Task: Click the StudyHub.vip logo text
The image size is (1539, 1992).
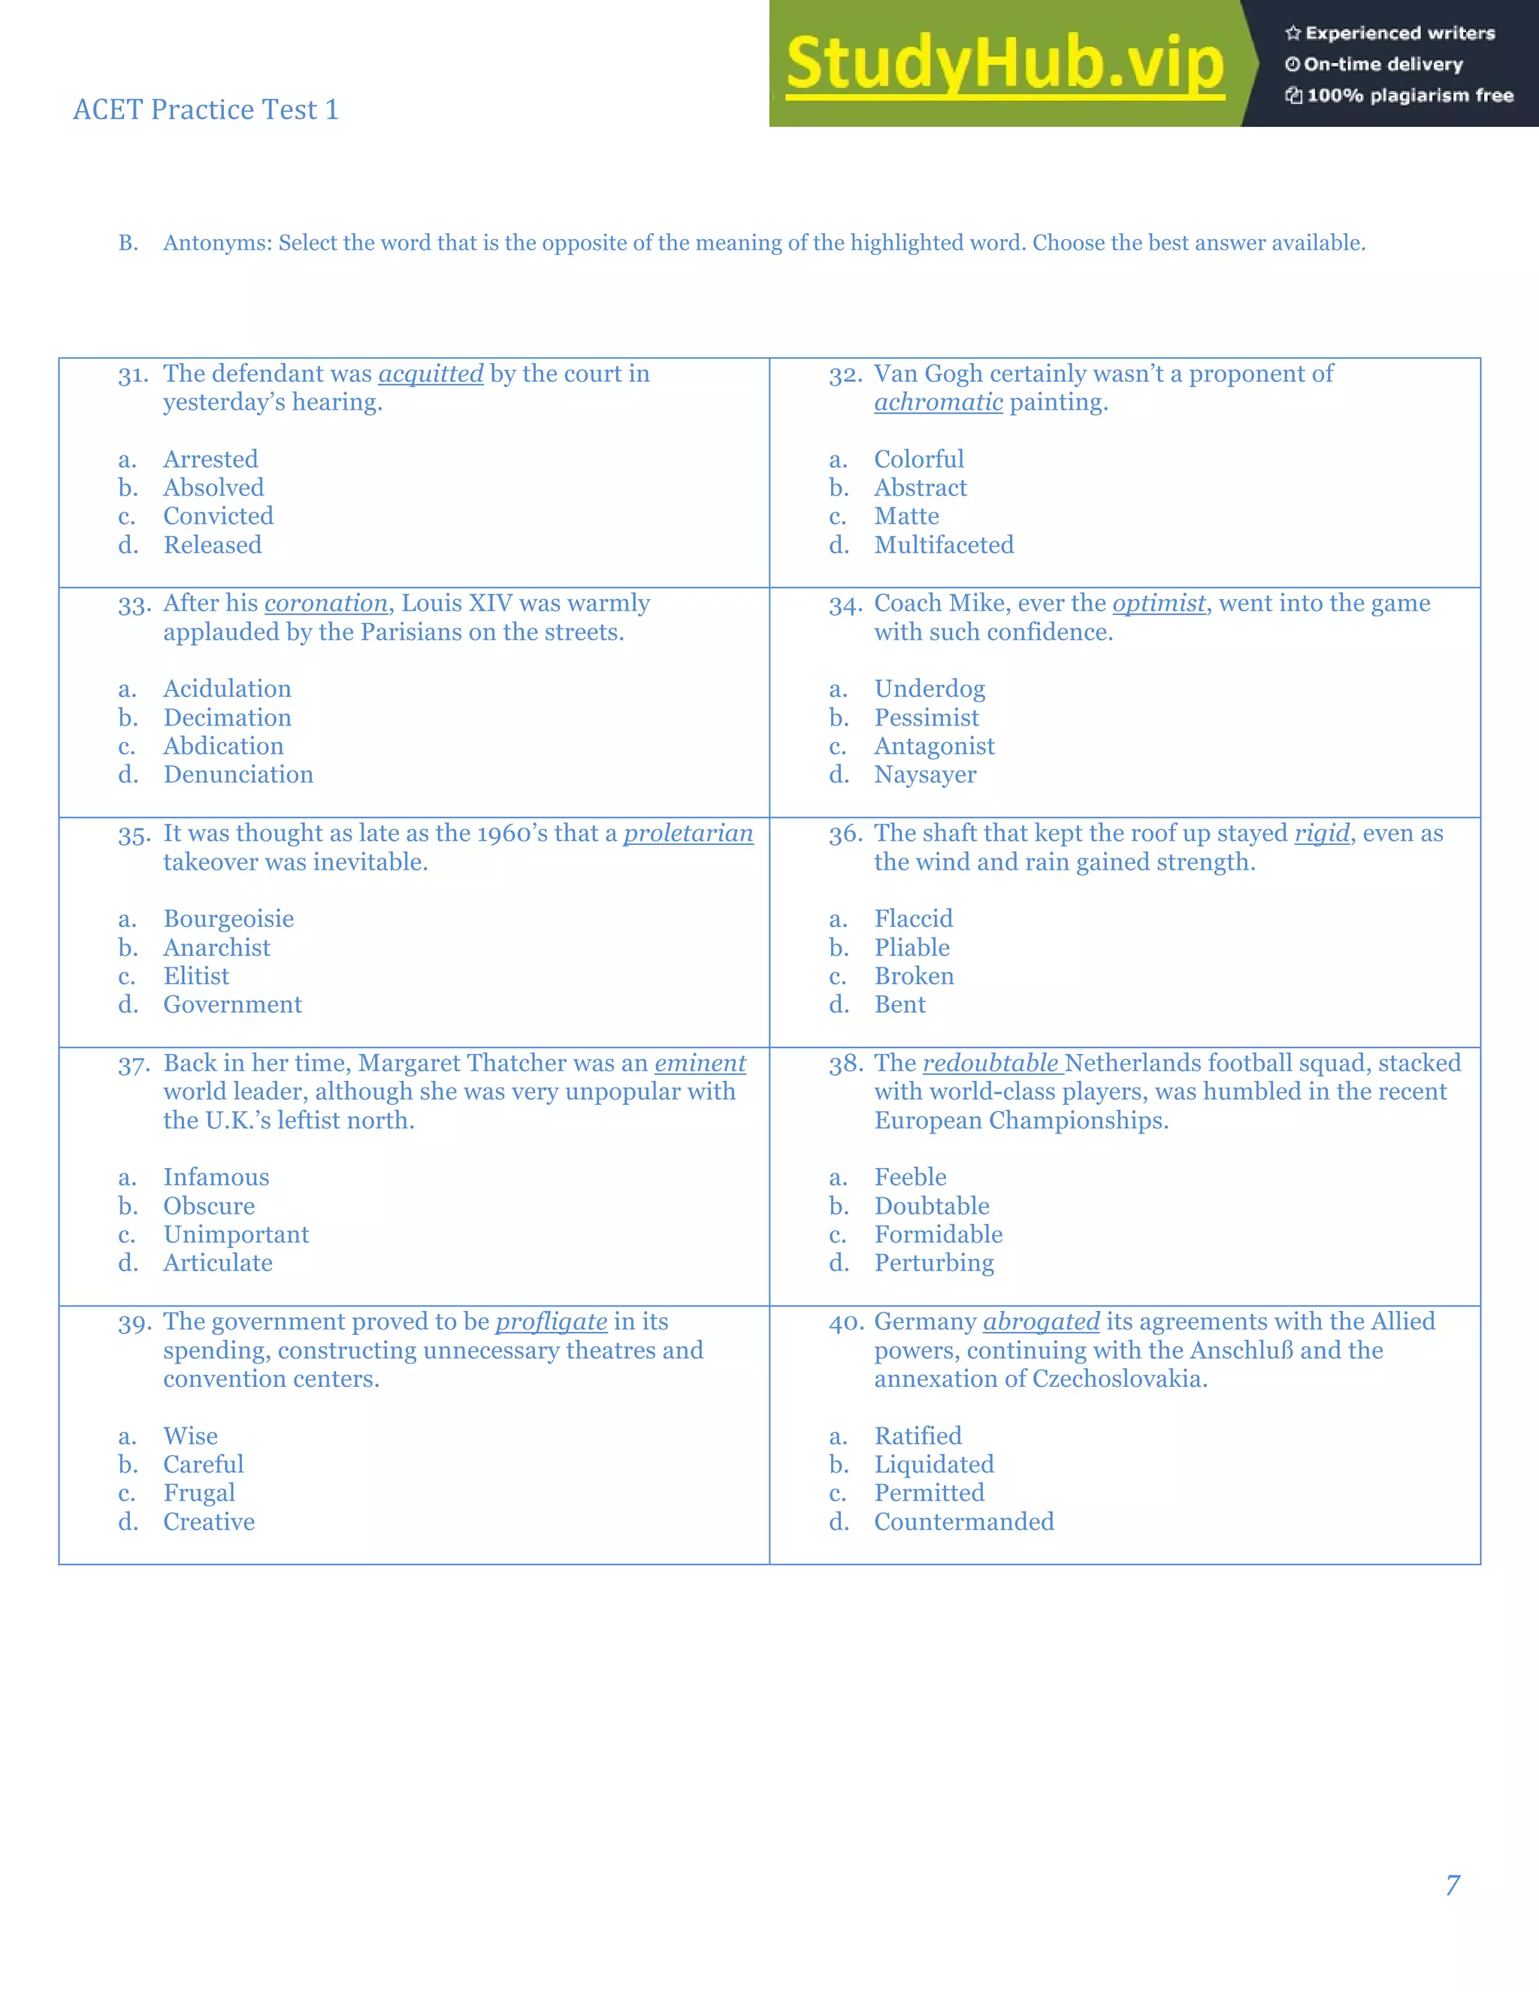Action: click(x=1005, y=64)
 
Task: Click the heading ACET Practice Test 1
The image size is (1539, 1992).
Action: click(x=206, y=110)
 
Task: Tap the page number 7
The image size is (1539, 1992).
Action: click(x=1453, y=1885)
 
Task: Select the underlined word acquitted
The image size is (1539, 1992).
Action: click(x=431, y=374)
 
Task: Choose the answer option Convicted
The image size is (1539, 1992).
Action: click(x=218, y=516)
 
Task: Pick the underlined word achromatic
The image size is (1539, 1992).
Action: click(x=938, y=402)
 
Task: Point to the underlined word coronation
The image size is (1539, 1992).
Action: click(x=325, y=604)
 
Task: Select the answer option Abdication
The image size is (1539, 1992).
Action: click(x=223, y=746)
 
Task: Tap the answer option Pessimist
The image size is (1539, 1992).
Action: click(x=927, y=718)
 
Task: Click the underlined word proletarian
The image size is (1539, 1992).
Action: click(x=688, y=834)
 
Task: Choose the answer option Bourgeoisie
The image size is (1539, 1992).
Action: click(x=228, y=919)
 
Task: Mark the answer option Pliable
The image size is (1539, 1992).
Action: click(x=912, y=948)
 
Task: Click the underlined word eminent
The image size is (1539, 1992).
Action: click(x=700, y=1064)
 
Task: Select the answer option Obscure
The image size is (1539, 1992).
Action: click(x=209, y=1206)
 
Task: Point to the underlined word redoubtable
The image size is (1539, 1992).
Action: click(x=990, y=1064)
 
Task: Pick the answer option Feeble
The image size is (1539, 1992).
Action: click(x=910, y=1177)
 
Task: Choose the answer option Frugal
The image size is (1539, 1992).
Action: click(x=198, y=1493)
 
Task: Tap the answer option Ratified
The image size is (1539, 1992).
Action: click(x=918, y=1436)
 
